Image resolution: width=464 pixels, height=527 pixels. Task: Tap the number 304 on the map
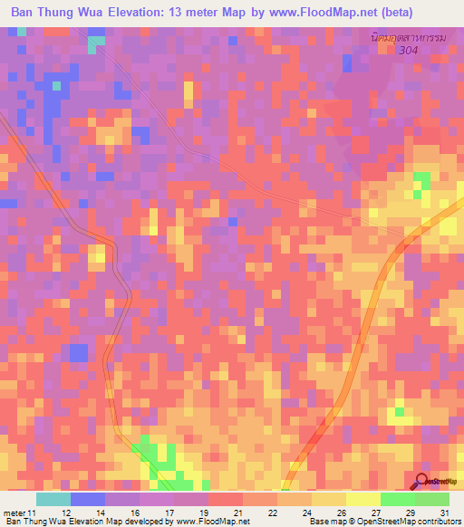[411, 51]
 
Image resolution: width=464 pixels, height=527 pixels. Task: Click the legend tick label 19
[209, 513]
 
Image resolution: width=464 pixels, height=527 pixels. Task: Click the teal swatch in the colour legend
[53, 499]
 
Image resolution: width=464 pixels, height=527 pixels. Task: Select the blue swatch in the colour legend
[88, 499]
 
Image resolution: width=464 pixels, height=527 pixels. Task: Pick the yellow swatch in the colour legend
[362, 499]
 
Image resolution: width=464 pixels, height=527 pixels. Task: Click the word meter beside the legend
[13, 513]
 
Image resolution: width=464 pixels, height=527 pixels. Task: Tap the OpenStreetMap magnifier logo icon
[422, 482]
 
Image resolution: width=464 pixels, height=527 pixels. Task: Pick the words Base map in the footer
[326, 522]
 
